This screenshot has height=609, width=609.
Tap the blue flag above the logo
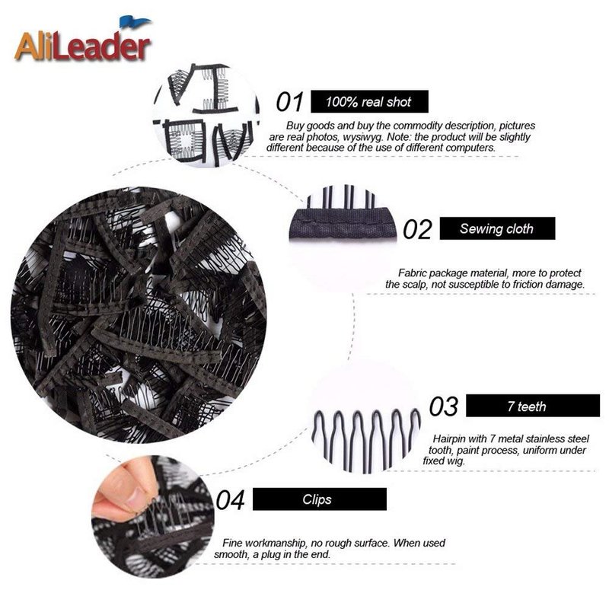click(x=135, y=22)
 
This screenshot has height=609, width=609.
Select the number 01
click(x=290, y=102)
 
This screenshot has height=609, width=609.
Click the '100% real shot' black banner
click(x=369, y=102)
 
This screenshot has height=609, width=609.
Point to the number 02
click(x=417, y=229)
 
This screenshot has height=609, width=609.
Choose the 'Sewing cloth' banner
click(x=497, y=228)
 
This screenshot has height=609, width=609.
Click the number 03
click(x=444, y=407)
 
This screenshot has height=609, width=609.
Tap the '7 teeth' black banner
click(x=532, y=406)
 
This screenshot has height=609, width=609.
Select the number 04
click(x=230, y=500)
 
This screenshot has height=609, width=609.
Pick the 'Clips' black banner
click(x=319, y=499)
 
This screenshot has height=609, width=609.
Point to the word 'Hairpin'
click(x=449, y=439)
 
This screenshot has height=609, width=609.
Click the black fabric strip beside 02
click(x=342, y=224)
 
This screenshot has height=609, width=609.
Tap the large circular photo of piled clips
click(x=139, y=315)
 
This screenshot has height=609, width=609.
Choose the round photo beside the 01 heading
click(x=206, y=116)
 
